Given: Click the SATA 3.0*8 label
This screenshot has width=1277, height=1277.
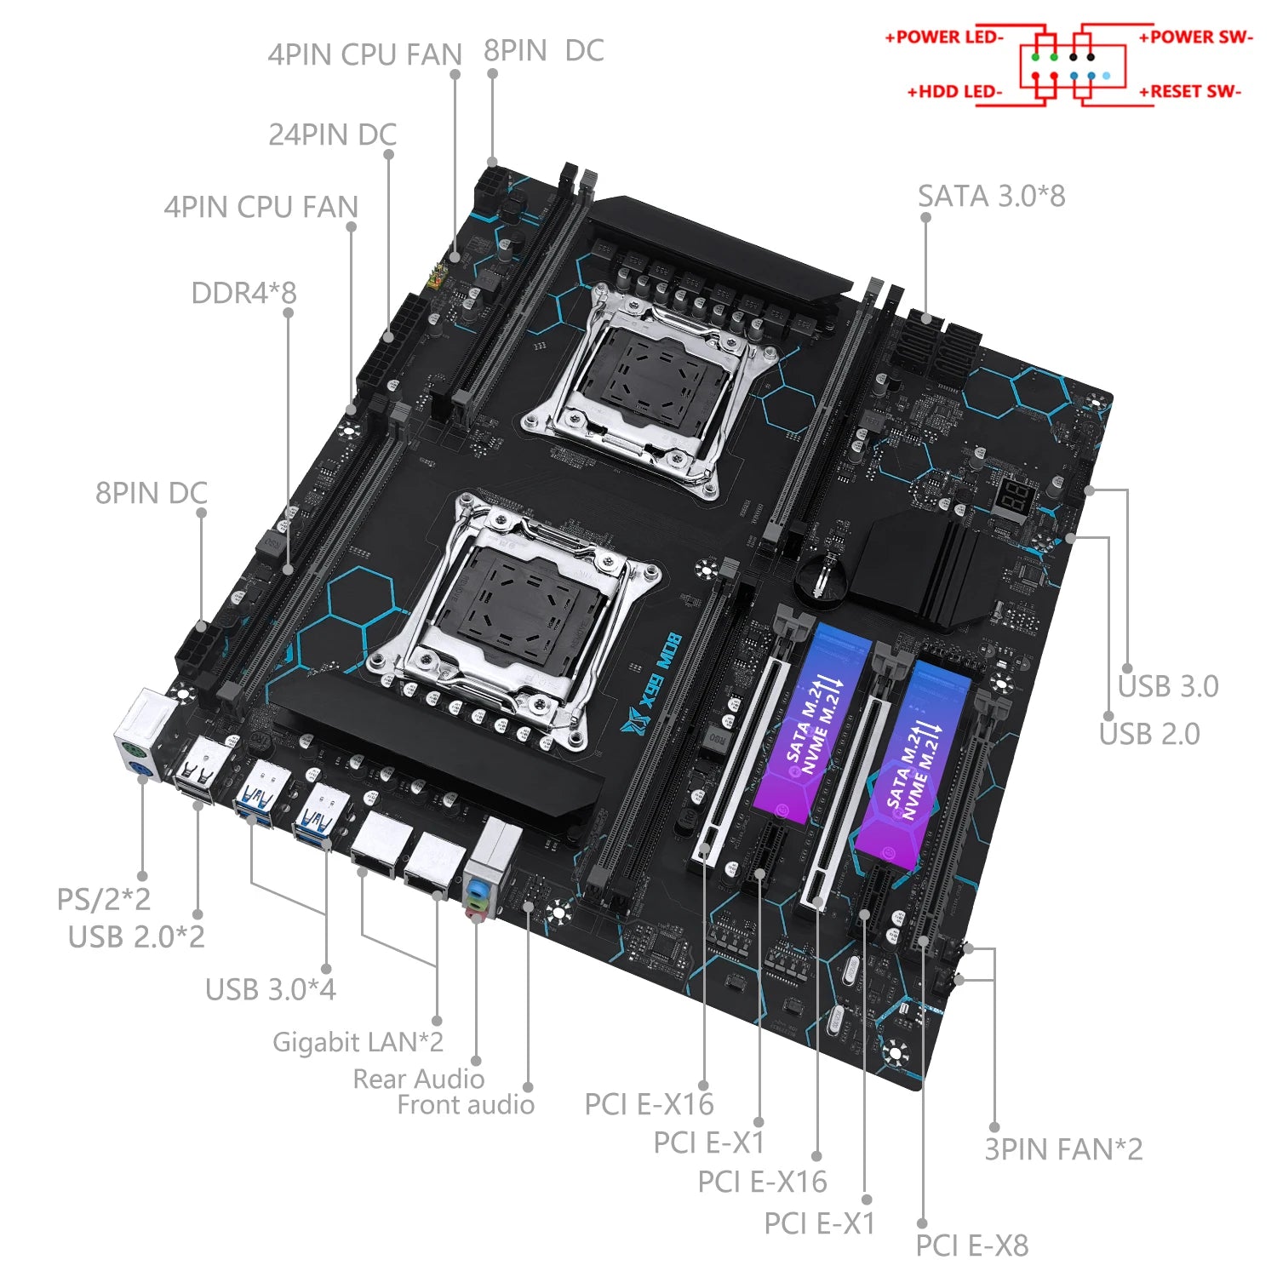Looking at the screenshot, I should [991, 197].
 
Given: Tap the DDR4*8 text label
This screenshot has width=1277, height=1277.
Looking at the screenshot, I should [243, 293].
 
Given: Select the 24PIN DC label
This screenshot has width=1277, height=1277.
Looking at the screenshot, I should [332, 135].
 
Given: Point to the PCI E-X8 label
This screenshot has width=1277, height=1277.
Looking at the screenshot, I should [971, 1246].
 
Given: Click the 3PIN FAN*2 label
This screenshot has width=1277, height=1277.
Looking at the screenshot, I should [1063, 1149].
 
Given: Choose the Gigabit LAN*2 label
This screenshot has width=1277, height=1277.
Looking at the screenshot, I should [358, 1042].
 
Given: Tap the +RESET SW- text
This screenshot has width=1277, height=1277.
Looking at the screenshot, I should [1190, 91].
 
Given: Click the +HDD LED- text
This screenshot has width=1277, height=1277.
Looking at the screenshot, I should [954, 91].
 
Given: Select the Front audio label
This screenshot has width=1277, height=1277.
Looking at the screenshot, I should [466, 1105].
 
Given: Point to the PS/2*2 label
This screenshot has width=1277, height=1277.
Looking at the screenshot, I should [103, 899].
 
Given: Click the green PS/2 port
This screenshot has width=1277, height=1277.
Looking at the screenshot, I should [133, 751].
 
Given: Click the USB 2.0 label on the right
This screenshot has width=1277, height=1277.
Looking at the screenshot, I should [1149, 734].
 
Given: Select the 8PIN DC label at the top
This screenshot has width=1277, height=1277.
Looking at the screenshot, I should [543, 51].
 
